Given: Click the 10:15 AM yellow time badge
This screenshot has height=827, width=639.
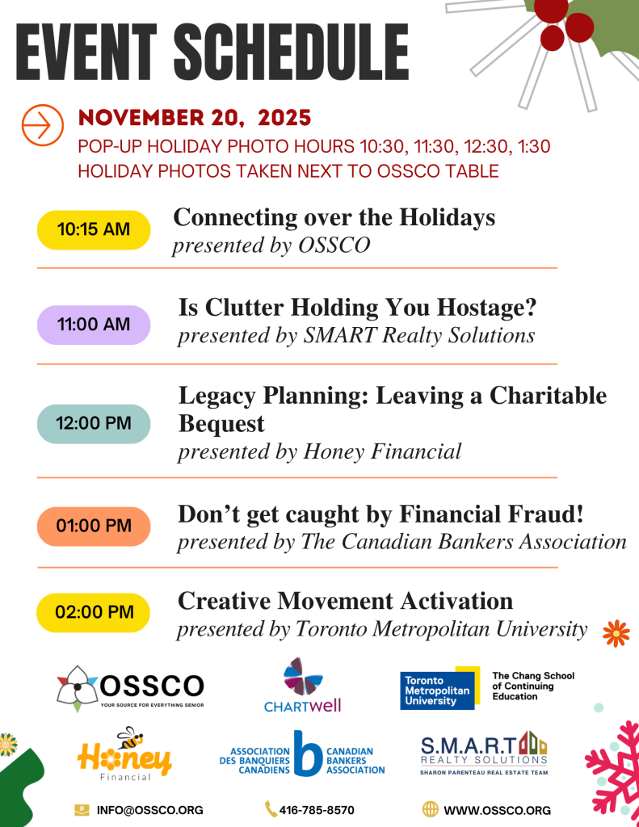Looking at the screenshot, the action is (94, 230).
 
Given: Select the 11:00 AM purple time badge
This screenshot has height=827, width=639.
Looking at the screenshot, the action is (94, 325).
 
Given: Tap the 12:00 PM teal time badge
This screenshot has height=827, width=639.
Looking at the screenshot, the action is (94, 423).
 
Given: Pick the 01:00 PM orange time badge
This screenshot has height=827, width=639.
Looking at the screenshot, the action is (94, 527).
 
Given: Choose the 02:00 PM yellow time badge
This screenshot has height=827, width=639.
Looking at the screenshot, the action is (94, 612).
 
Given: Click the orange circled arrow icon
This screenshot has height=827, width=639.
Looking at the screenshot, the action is (43, 125).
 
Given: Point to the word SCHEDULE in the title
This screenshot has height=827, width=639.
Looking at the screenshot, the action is (292, 52).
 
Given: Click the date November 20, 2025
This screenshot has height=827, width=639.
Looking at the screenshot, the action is (195, 118).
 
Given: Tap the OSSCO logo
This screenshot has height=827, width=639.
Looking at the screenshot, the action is (130, 688).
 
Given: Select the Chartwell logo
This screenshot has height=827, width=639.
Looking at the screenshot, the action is (302, 685).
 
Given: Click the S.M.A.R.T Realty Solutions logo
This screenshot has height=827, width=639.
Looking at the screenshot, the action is (484, 754).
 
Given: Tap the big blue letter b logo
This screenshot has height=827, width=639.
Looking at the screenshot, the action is (308, 754).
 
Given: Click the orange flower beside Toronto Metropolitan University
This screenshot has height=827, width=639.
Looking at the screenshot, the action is (616, 633).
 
